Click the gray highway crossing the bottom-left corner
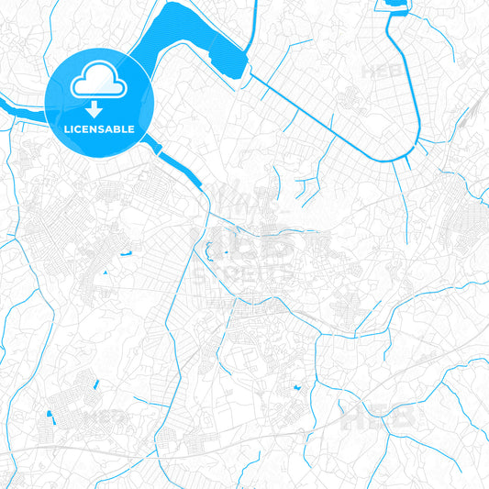pos(55,449)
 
